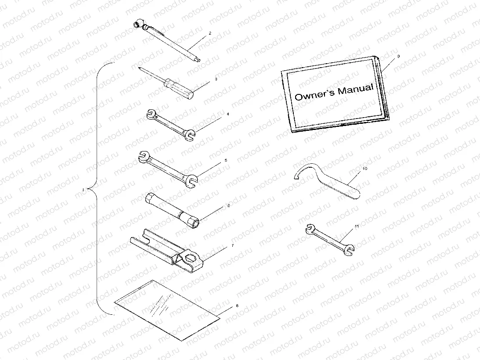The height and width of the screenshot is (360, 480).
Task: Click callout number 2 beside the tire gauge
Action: (210, 33)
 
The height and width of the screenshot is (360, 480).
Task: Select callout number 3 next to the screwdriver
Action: (216, 79)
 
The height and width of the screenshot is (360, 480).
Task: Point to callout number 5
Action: (226, 160)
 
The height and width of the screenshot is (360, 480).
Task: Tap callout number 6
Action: (228, 205)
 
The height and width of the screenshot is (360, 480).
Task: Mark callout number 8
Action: (237, 305)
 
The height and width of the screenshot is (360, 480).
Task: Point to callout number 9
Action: (398, 56)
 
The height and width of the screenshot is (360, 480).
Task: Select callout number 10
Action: (365, 168)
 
